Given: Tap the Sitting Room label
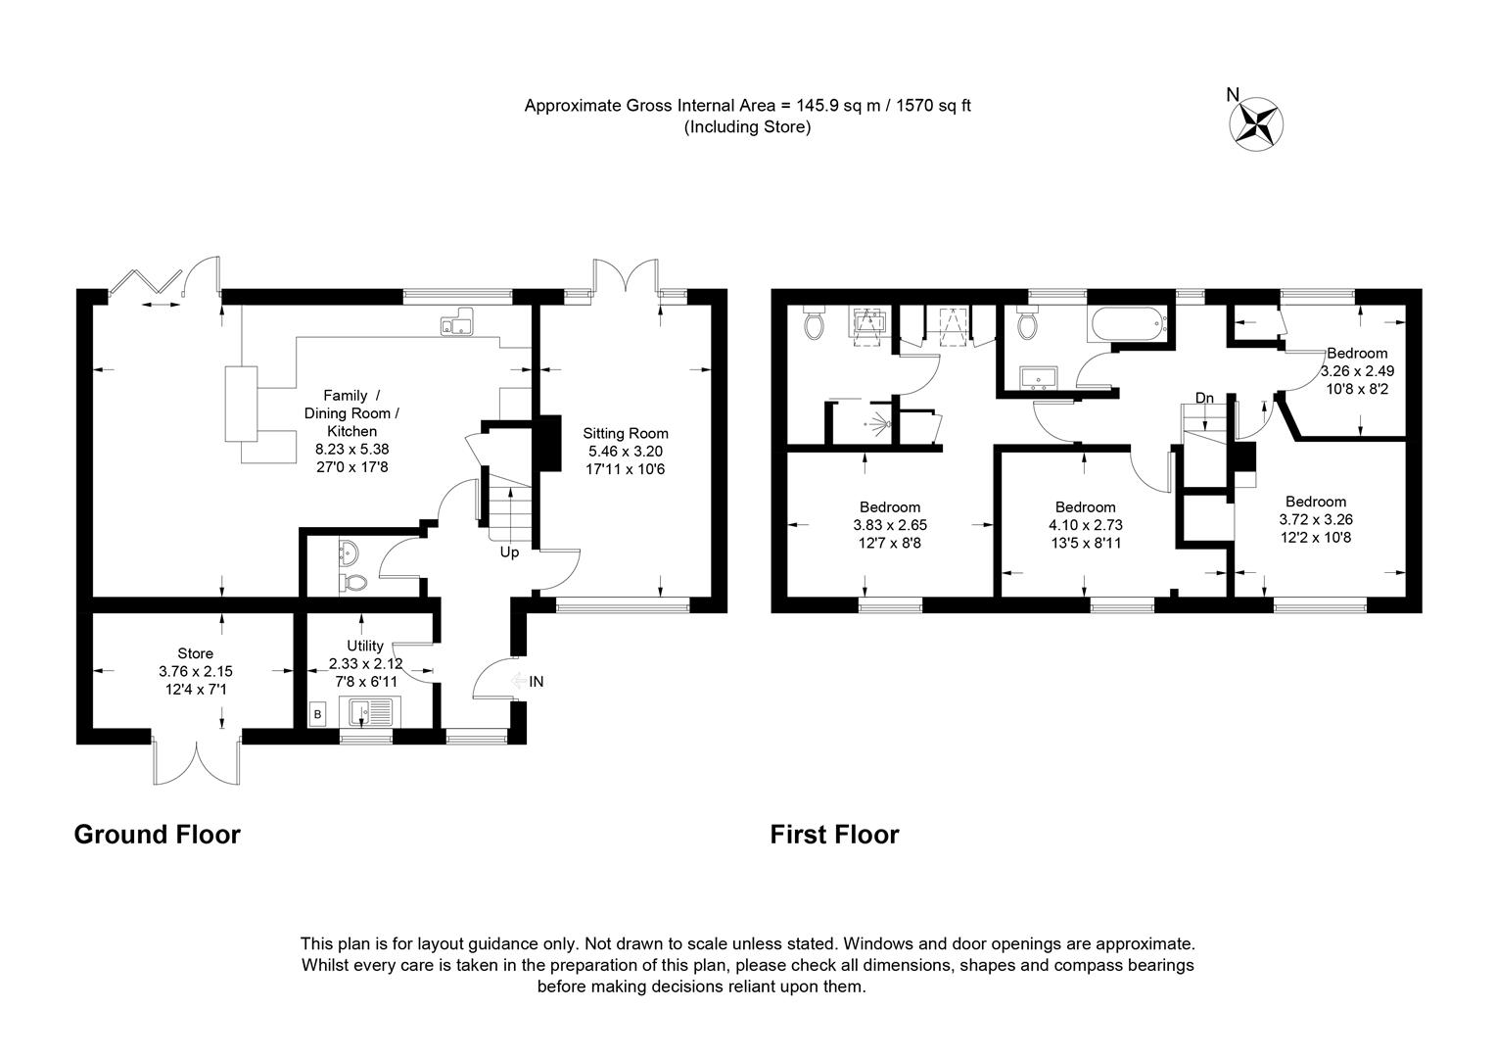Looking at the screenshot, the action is (626, 433).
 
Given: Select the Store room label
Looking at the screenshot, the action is (195, 653).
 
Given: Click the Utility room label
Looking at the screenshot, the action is (365, 646).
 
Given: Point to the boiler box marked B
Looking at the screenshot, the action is (317, 715).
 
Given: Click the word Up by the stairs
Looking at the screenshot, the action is (509, 553).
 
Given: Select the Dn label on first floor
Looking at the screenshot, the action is (1204, 398).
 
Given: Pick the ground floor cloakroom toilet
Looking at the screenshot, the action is (354, 583).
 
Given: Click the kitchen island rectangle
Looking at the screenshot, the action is (241, 404).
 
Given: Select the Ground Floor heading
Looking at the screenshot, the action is (157, 835).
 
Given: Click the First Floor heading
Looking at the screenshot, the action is (834, 835).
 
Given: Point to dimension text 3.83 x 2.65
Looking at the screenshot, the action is (890, 525).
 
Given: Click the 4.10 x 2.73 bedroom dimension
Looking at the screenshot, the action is (1085, 525).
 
